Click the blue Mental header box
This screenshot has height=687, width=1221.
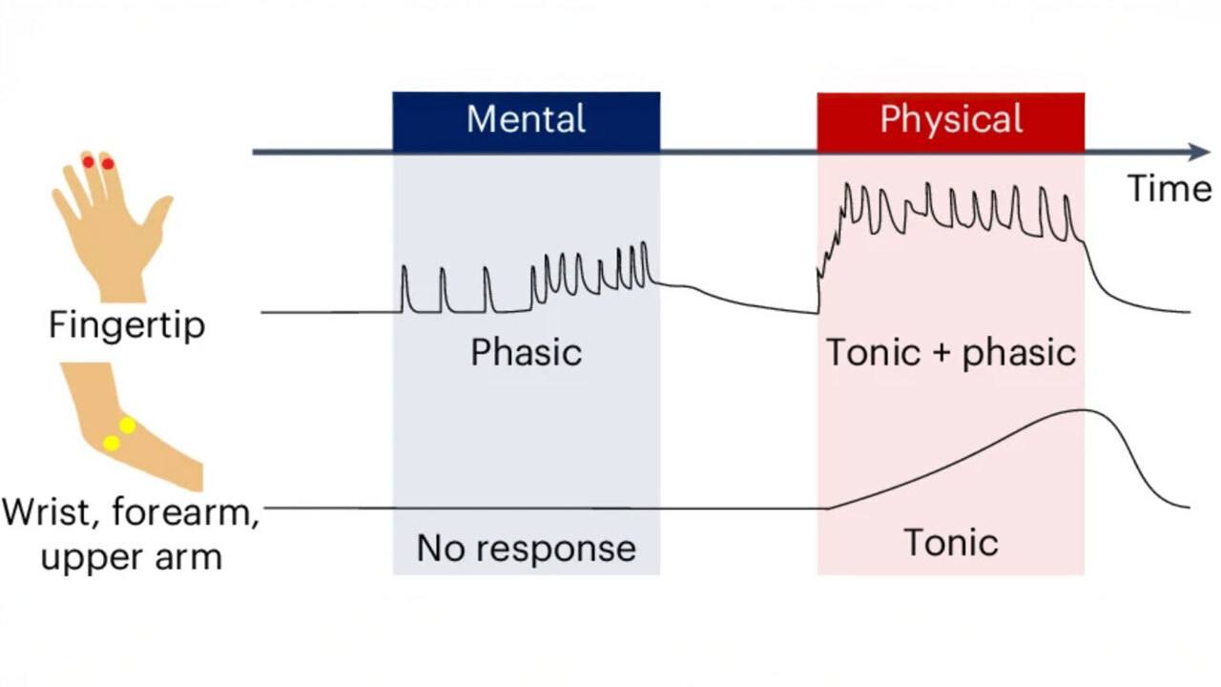pyautogui.click(x=526, y=120)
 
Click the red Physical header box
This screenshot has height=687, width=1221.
pyautogui.click(x=950, y=120)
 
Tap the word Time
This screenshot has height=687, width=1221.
pyautogui.click(x=1169, y=188)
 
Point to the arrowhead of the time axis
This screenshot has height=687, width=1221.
pyautogui.click(x=1201, y=152)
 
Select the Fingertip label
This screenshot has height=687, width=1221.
pyautogui.click(x=127, y=325)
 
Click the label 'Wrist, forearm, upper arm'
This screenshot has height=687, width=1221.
pyautogui.click(x=131, y=534)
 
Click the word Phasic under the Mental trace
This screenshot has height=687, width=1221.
pyautogui.click(x=526, y=353)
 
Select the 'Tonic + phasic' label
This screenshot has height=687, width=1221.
pyautogui.click(x=950, y=353)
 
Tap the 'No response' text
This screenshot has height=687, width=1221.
pyautogui.click(x=526, y=548)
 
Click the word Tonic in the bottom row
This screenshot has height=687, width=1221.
pyautogui.click(x=950, y=543)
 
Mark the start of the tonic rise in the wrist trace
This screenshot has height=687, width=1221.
pyautogui.click(x=827, y=508)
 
